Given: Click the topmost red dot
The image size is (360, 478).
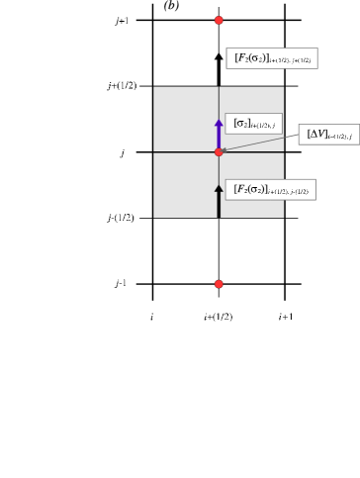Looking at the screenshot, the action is [219, 20].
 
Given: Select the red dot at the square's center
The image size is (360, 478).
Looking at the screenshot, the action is [219, 151].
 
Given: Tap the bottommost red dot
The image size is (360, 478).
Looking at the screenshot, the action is [219, 284].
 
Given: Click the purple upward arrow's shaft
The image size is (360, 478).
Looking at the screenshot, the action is [219, 137].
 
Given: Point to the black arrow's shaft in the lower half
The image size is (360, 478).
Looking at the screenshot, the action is [219, 204].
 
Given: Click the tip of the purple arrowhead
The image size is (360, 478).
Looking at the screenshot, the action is [219, 121].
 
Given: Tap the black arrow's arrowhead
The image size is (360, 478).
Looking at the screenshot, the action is [219, 188].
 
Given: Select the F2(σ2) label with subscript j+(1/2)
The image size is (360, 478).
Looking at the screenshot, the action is [271, 58].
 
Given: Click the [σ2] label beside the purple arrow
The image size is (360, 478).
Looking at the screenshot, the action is [253, 124].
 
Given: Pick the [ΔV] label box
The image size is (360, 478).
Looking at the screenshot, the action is [328, 135].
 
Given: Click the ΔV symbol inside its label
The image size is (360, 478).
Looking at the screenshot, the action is [316, 134].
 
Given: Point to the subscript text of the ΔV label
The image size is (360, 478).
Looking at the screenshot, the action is [339, 137].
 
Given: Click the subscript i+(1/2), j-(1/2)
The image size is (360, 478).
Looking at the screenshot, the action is [288, 192].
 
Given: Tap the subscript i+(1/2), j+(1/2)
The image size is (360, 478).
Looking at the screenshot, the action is [290, 61].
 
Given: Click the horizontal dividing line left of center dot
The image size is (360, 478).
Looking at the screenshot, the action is [186, 151].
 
